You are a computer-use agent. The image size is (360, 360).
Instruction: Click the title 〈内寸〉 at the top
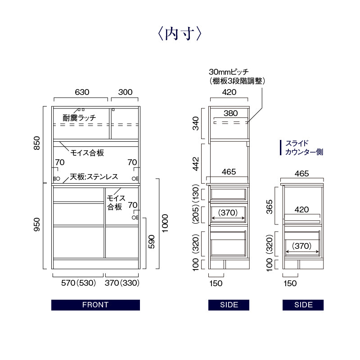[x=180, y=34]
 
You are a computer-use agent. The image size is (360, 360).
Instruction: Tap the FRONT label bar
[x=95, y=305]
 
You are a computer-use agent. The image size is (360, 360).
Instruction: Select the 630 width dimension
[x=82, y=92]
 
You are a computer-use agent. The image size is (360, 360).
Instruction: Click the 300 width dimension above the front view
[x=126, y=92]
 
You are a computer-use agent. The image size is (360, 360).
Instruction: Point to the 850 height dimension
[x=37, y=143]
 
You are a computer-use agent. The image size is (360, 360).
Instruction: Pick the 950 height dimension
[x=37, y=225]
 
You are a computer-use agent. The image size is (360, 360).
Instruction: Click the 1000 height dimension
[x=165, y=223]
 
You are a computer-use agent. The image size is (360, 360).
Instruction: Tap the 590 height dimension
[x=152, y=242]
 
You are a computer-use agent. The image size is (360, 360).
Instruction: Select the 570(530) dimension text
[x=78, y=283]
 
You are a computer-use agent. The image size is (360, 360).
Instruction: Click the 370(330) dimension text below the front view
[x=122, y=283]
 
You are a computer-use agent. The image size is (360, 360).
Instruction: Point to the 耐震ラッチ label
[x=80, y=118]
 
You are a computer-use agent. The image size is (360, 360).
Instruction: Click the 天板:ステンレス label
[x=94, y=176]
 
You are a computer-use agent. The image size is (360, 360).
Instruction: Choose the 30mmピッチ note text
[x=229, y=72]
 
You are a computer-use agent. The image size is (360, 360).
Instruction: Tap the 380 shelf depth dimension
[x=231, y=113]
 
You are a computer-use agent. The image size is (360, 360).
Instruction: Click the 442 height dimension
[x=196, y=164]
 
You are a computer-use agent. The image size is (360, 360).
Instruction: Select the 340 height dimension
[x=196, y=123]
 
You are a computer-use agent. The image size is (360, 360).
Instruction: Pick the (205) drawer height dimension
[x=196, y=215]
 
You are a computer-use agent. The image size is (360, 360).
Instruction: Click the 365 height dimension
[x=270, y=207]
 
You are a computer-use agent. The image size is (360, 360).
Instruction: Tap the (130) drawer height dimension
[x=196, y=193]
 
